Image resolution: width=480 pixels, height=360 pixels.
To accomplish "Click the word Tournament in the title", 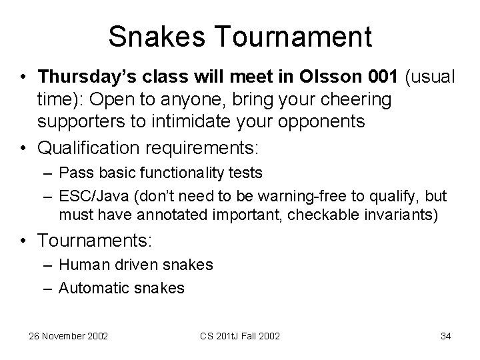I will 297,37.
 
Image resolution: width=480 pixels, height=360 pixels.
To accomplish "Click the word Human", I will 81,265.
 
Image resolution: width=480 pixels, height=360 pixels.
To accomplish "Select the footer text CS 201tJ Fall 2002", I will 240,336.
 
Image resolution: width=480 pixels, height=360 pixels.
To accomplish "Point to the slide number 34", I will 445,336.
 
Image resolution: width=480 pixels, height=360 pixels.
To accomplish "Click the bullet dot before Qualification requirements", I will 23,143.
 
